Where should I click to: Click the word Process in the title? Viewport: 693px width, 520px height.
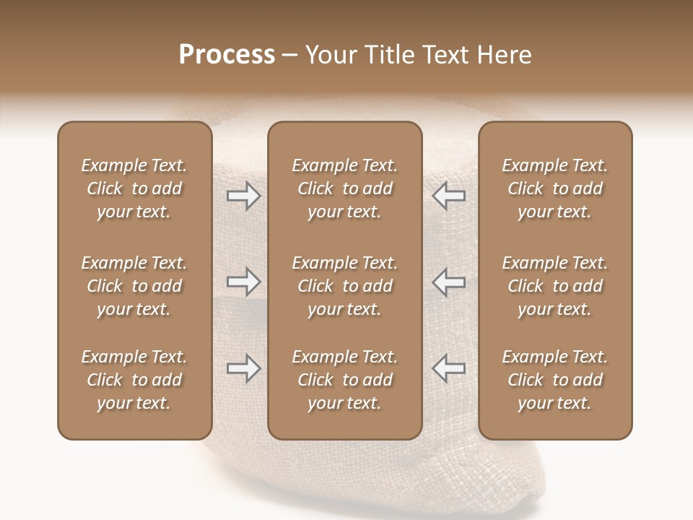[x=227, y=55]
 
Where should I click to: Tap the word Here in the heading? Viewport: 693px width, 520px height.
[x=502, y=55]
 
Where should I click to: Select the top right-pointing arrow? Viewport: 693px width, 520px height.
[x=243, y=196]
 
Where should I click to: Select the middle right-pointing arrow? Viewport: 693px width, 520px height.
[x=243, y=282]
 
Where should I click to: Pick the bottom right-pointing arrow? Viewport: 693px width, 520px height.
[x=243, y=368]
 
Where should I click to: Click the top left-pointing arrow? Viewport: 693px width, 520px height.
[x=448, y=196]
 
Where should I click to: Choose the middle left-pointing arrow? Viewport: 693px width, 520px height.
[x=448, y=282]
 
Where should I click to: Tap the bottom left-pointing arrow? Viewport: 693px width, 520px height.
[x=448, y=368]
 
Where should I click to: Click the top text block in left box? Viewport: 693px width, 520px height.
[x=134, y=188]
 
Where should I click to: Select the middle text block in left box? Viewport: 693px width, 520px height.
[x=134, y=286]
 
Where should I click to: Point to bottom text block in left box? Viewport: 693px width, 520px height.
[x=134, y=380]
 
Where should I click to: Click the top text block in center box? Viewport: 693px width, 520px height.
[x=344, y=188]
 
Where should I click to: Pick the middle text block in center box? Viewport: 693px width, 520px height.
[x=344, y=286]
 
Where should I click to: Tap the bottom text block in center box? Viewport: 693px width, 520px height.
[x=344, y=380]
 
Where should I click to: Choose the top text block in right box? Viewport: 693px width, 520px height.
[x=554, y=188]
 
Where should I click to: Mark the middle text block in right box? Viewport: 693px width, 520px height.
[x=554, y=286]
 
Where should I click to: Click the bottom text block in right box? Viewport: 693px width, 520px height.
[x=554, y=380]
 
